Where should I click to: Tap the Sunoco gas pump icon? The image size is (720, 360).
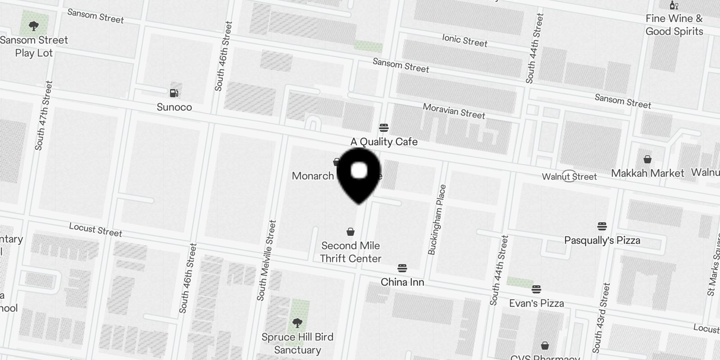[174, 93]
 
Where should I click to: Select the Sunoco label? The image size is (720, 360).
[174, 107]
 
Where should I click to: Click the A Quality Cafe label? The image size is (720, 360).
[384, 142]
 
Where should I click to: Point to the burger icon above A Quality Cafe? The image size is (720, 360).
[384, 128]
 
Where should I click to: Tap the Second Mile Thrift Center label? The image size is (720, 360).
[351, 252]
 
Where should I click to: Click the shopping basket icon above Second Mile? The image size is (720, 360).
[351, 232]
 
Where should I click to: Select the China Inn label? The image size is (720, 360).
[402, 282]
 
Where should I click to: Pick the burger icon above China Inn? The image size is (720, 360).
[402, 269]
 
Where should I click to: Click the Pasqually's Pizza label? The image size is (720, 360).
[602, 240]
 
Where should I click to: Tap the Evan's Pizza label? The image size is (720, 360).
[536, 303]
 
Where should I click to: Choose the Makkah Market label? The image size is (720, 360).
[648, 173]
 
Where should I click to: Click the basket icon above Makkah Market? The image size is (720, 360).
[648, 159]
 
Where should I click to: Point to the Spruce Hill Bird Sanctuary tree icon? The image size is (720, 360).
[297, 323]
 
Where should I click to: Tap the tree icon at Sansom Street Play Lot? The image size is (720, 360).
[34, 26]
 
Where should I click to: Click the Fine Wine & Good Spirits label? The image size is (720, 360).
[674, 25]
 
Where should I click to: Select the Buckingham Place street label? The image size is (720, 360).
[437, 220]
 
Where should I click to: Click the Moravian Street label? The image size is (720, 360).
[454, 111]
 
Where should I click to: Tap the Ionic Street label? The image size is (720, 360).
[464, 40]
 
